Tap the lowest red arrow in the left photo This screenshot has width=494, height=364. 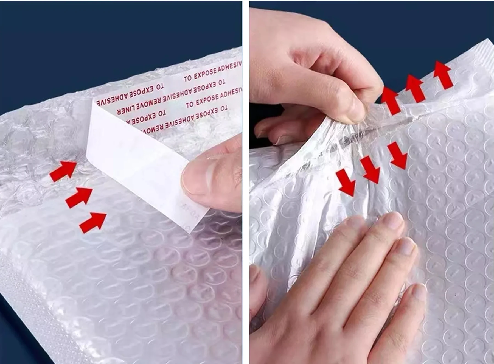(93, 222)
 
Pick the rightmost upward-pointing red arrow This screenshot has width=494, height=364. (443, 75)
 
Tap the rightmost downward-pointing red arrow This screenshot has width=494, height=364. (398, 155)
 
